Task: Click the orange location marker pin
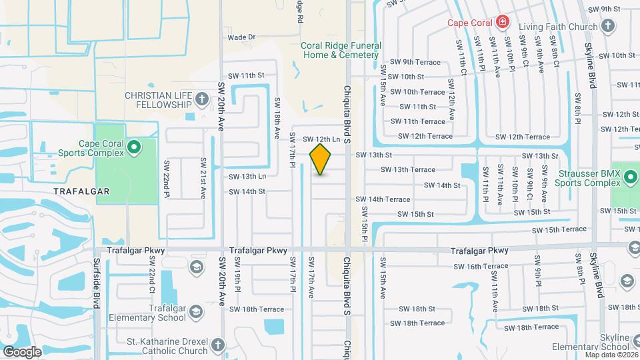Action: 321,159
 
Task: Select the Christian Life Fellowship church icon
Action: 202,100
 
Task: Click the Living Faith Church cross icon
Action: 607,26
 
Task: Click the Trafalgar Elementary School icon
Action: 196,311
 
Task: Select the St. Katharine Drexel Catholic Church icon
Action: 218,345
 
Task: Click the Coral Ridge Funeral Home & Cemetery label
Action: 341,50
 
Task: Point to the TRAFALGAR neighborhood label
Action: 83,191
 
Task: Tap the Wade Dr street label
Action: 241,37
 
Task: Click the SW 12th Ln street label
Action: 321,139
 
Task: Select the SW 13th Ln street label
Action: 247,177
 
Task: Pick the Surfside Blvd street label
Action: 97,283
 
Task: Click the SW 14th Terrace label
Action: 383,199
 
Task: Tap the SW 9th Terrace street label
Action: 415,62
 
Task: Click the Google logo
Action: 21,352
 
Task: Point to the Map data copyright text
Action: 611,355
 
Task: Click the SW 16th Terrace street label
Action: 479,266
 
